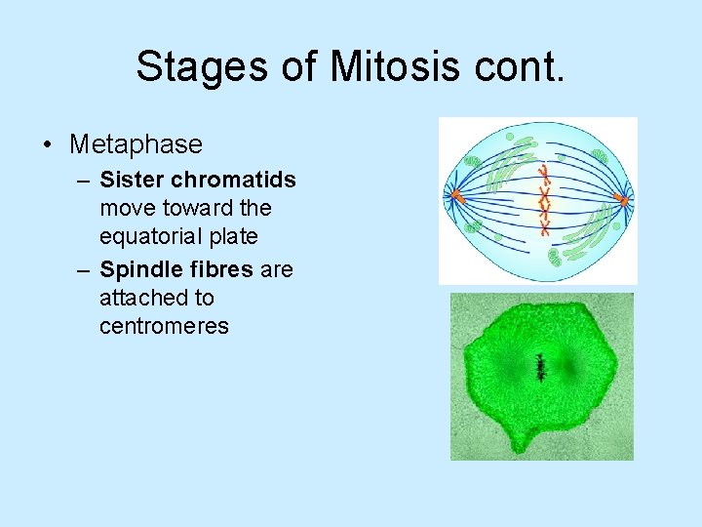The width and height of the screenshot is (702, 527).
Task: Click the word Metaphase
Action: point(136,144)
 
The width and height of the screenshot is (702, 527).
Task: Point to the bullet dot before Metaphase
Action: point(48,145)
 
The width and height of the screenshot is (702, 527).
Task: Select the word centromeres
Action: point(164,327)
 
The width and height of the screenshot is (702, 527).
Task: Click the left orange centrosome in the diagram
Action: point(454,196)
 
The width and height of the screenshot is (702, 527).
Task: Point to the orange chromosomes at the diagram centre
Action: point(545,201)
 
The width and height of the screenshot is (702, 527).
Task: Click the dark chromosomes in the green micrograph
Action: point(540,367)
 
